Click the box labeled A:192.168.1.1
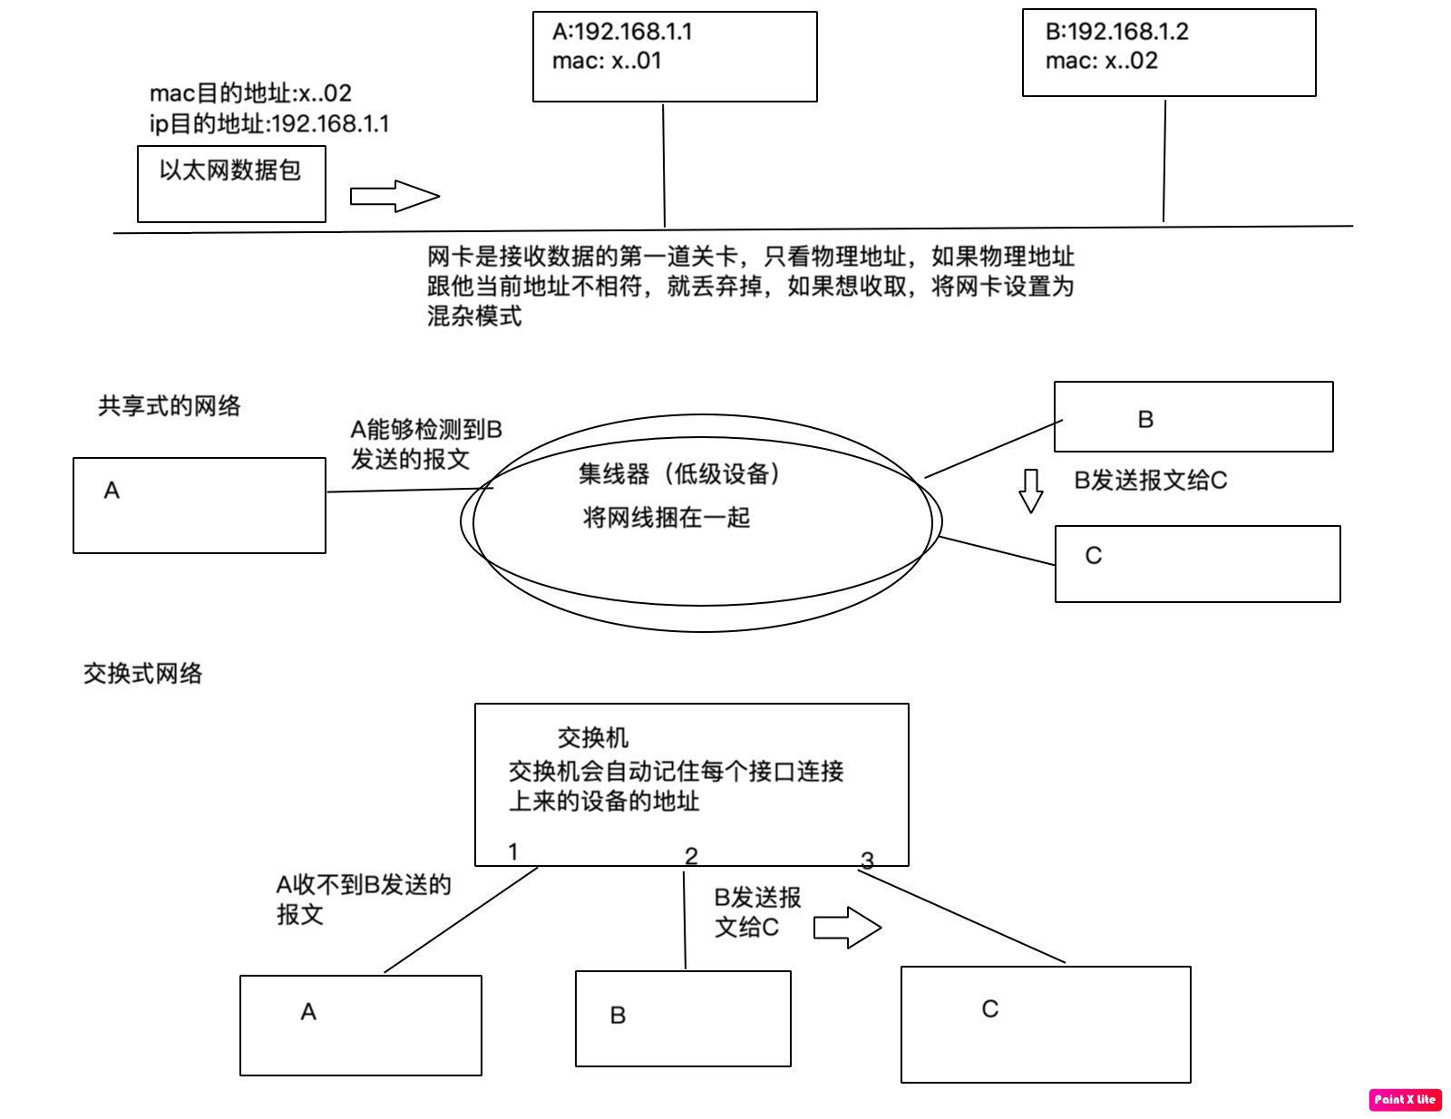675,56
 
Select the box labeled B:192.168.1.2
1168,53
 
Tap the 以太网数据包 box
231,184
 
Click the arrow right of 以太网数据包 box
394,196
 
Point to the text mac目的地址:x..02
250,93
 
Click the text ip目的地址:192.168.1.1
269,123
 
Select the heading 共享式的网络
170,406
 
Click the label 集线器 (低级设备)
679,473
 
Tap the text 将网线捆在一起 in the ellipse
667,518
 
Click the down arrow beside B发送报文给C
1031,491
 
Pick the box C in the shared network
1197,563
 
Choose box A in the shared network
200,505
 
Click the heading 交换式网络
143,673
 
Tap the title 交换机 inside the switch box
593,737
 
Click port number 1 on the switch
513,851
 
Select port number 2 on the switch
691,856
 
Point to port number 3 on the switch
867,860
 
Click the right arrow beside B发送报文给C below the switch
847,928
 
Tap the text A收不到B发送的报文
363,899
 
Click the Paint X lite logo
1405,1099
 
